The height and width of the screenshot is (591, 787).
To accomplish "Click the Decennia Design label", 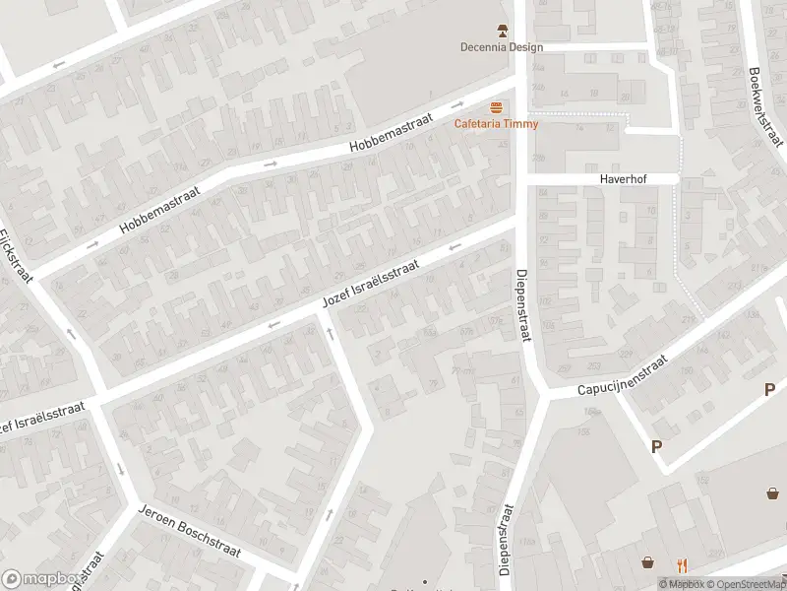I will point(502,47).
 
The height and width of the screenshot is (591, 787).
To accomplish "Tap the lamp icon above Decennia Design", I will point(502,31).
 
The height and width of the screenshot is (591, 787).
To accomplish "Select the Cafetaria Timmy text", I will point(496,123).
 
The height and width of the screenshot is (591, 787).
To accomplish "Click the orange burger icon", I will point(497,106).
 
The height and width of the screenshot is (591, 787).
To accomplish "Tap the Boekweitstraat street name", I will point(763,105).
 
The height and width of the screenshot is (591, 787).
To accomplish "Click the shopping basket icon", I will point(648,563).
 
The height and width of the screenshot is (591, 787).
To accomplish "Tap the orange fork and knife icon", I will point(681,564).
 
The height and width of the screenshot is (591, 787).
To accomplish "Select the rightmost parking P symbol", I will point(769,390).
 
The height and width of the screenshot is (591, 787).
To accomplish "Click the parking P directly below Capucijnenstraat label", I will point(656,446).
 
